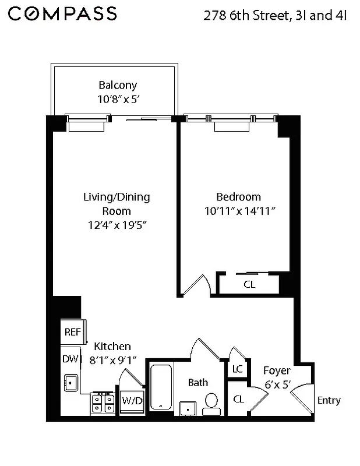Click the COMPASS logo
(62, 14)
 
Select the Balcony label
(118, 86)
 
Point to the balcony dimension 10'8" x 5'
(118, 100)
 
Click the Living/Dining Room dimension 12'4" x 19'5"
(116, 225)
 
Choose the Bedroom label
(238, 197)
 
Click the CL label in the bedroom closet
(249, 285)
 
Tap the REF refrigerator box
(72, 332)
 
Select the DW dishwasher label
(69, 359)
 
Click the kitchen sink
(72, 382)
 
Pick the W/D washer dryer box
(131, 401)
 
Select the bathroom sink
(188, 408)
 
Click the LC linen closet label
(237, 369)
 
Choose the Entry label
(329, 400)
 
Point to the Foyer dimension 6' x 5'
(277, 384)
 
